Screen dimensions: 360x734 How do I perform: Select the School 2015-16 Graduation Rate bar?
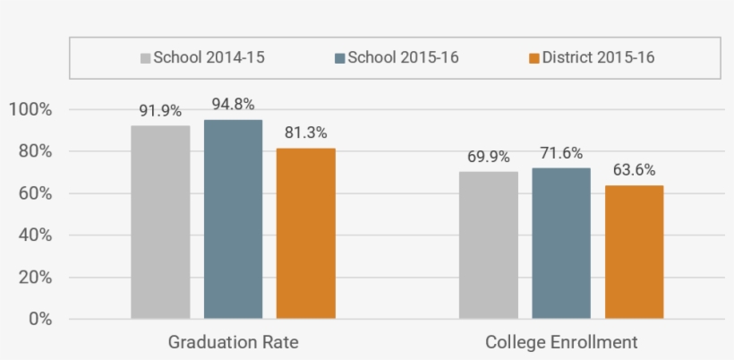click(233, 219)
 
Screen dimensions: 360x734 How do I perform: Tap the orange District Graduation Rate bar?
click(305, 233)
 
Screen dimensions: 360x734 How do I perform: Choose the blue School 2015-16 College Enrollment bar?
click(561, 243)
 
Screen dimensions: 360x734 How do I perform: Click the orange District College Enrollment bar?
click(634, 252)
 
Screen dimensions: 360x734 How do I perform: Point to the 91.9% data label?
click(160, 112)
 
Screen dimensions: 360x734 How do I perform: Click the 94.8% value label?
click(233, 104)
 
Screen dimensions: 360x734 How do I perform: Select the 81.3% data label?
click(305, 133)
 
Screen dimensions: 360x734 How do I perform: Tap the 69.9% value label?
click(489, 157)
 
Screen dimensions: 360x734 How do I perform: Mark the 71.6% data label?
click(561, 153)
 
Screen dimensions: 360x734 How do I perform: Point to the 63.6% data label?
click(634, 170)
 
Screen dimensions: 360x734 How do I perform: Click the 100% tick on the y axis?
click(30, 110)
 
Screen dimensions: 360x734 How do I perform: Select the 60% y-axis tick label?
click(34, 193)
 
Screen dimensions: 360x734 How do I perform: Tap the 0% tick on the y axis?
click(39, 319)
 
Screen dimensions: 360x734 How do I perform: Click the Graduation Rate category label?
click(233, 343)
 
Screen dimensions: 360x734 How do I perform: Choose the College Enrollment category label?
click(561, 343)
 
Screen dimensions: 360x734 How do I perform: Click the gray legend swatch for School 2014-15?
click(145, 58)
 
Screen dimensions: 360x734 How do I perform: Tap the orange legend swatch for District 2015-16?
click(533, 58)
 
